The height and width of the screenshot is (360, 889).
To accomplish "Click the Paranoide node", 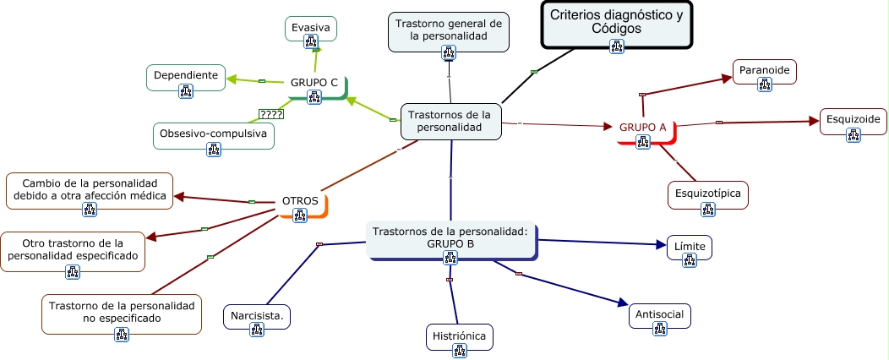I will click(765, 72).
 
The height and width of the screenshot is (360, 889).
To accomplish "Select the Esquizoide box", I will click(854, 121).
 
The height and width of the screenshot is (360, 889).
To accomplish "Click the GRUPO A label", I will click(643, 128).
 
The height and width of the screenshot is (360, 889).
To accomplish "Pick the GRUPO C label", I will click(314, 83).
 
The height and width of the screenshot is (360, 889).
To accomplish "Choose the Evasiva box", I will click(310, 28).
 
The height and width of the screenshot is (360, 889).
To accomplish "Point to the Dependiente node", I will click(186, 76).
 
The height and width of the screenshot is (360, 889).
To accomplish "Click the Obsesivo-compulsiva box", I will click(213, 134).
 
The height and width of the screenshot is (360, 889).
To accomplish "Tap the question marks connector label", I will click(270, 114).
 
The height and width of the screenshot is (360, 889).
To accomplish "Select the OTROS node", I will click(300, 202).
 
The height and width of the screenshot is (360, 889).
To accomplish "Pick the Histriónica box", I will click(459, 336).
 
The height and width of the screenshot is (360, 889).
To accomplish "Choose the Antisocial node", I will click(660, 316).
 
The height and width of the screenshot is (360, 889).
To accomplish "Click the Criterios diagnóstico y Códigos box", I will click(616, 23).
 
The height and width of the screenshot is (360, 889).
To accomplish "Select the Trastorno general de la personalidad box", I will click(449, 31).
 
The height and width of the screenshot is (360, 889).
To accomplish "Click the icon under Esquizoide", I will click(854, 136).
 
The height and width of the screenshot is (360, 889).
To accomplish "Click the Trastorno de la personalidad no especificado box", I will click(121, 313).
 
